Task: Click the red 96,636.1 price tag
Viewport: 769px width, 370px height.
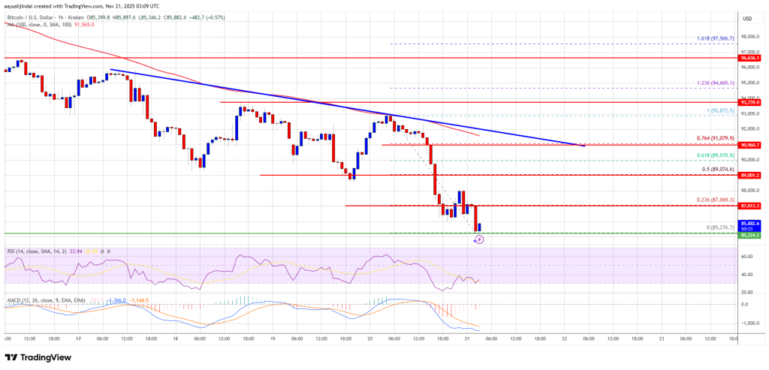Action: click(x=751, y=58)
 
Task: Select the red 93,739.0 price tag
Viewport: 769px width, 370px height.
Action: click(x=751, y=102)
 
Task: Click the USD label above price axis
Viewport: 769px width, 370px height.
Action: click(x=748, y=18)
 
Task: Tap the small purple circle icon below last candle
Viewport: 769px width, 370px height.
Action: click(x=480, y=239)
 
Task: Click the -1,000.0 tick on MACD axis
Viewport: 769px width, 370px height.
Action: click(x=749, y=323)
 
